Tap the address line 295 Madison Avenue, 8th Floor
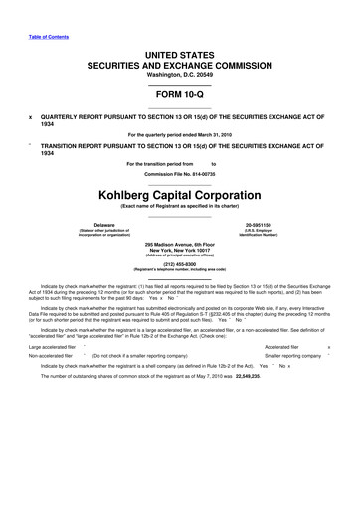(x=180, y=244)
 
